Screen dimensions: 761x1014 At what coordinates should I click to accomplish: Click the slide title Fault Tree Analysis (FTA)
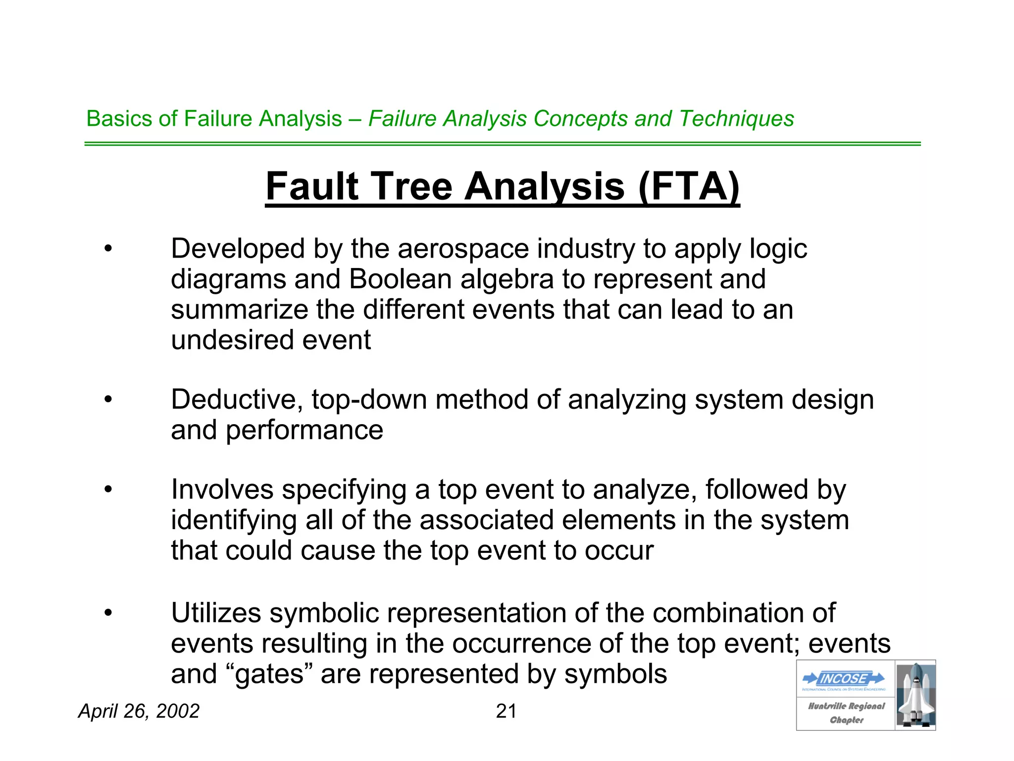coord(502,186)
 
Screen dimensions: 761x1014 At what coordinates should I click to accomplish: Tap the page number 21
coord(506,711)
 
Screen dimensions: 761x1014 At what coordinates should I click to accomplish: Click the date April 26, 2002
coord(139,711)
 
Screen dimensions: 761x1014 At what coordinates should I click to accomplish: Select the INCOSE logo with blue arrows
coord(844,679)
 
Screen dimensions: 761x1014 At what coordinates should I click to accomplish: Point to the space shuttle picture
coord(915,695)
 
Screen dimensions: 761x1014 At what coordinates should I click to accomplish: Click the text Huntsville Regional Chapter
coord(846,713)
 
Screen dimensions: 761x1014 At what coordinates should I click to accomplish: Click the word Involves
coord(222,489)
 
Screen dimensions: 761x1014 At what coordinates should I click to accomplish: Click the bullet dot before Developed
coord(108,249)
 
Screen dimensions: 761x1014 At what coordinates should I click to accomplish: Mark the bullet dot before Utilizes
coord(108,613)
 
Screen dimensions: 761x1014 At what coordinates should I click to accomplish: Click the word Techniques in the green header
coord(737,118)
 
